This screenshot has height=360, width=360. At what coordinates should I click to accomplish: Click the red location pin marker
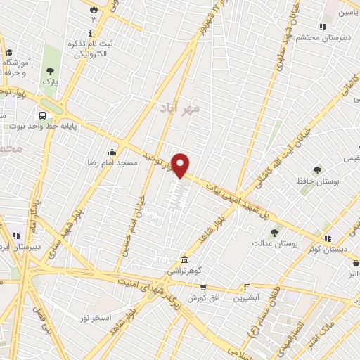click(181, 165)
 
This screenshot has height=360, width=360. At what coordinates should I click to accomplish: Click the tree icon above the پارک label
click(50, 71)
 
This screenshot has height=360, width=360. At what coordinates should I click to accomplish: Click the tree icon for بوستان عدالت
click(274, 233)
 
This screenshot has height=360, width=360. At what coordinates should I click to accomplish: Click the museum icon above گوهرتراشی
click(184, 259)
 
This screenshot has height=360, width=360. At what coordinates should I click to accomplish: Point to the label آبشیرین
click(247, 297)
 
